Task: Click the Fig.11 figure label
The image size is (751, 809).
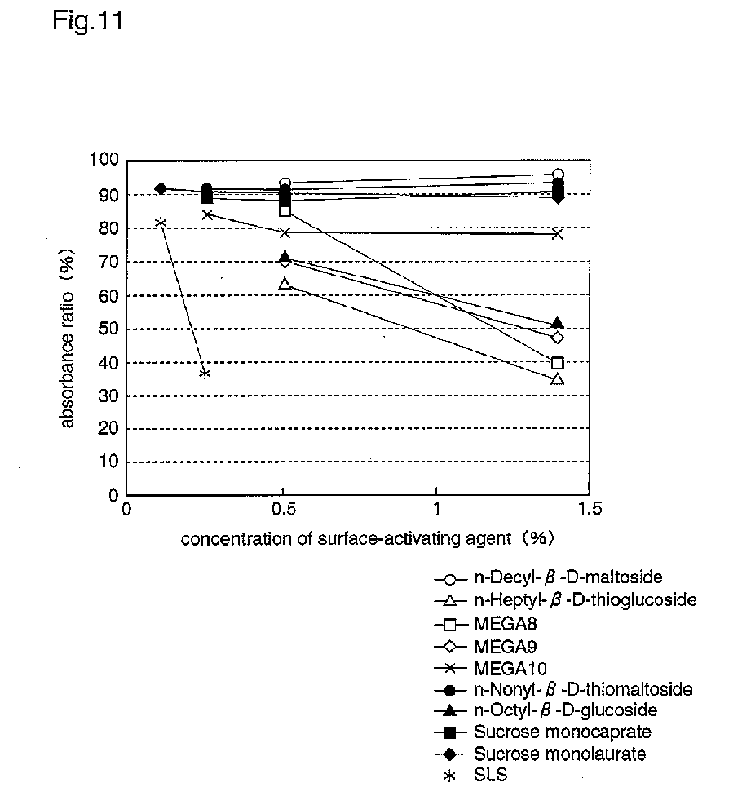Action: click(87, 22)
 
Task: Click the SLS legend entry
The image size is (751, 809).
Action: click(490, 775)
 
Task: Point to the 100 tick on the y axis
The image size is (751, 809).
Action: click(107, 161)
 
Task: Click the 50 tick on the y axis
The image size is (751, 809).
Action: click(111, 329)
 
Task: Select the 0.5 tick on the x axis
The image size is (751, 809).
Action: click(282, 509)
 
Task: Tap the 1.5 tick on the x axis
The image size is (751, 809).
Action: click(589, 509)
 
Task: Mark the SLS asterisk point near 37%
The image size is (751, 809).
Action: click(205, 374)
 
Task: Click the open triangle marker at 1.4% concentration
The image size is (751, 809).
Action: click(558, 379)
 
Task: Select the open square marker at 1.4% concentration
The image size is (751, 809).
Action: click(558, 363)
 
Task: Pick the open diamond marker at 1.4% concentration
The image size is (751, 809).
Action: click(558, 338)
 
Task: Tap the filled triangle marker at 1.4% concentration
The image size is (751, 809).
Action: click(558, 324)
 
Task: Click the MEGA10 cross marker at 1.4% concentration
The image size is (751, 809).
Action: click(558, 234)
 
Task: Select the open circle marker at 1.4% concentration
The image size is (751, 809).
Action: click(558, 175)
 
